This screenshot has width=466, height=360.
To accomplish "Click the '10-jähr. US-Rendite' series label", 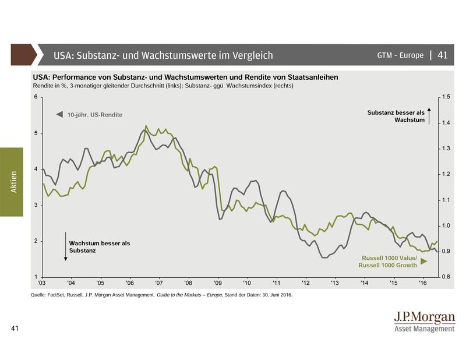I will (x=94, y=115).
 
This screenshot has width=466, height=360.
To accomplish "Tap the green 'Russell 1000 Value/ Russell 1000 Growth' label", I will (x=389, y=261).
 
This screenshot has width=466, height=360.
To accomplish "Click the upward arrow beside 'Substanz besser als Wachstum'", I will (x=429, y=115).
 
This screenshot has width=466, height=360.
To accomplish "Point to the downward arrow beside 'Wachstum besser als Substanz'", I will (x=65, y=246).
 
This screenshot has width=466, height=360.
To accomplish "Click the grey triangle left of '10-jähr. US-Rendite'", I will (x=59, y=115).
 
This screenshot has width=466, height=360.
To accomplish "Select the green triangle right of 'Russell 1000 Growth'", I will (x=423, y=262).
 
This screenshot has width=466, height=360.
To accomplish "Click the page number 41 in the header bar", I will (x=442, y=55).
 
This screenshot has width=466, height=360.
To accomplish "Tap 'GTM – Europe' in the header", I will (x=401, y=55).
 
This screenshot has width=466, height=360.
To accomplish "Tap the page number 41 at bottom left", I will (x=16, y=329).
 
